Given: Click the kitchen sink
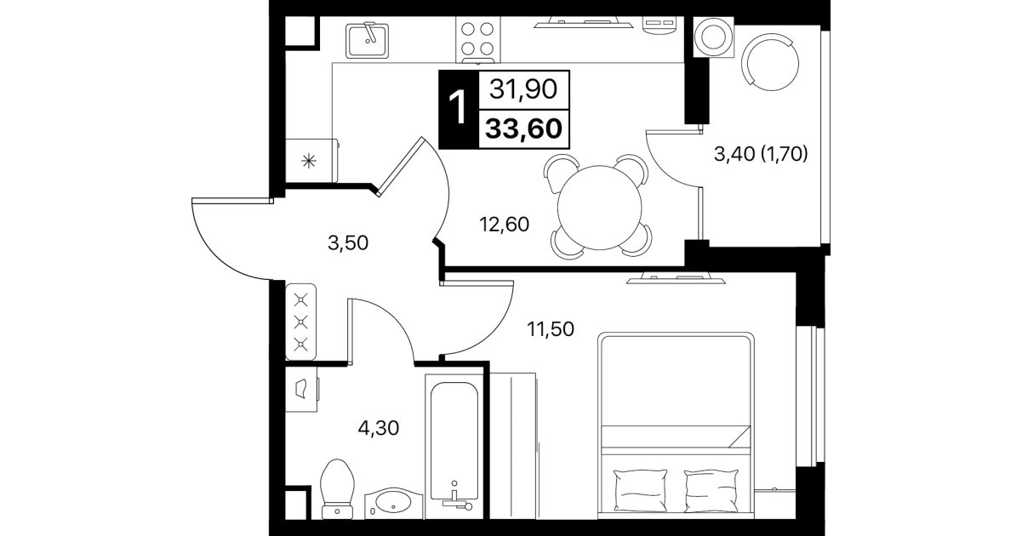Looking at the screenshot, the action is (367, 41).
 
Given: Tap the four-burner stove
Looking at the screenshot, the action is (477, 40).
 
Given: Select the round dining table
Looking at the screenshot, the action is (600, 208).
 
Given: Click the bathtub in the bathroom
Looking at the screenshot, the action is (454, 447).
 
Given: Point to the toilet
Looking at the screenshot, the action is (338, 488).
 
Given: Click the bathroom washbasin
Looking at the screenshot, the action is (394, 504).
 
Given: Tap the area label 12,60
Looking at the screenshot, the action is (504, 225).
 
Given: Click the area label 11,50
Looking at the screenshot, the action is (551, 329).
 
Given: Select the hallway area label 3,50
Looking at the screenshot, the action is (348, 243).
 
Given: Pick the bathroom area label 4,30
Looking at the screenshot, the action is (379, 428).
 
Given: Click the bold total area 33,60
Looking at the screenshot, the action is (524, 128).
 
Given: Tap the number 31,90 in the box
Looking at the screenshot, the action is (523, 89).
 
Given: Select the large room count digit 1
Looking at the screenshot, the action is (458, 108).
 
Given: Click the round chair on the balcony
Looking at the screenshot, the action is (770, 62).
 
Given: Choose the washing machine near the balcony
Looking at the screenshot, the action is (714, 37).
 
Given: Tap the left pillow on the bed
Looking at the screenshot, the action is (640, 490).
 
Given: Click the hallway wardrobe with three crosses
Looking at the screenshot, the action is (300, 322).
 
